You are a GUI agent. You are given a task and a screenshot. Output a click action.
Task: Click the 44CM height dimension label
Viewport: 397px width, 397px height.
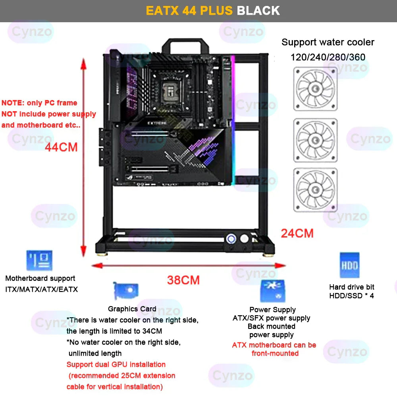(x=61, y=147)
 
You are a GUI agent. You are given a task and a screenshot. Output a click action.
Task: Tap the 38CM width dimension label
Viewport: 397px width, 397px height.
(x=183, y=280)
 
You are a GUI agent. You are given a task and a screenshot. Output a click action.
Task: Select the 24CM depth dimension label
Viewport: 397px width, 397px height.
(x=297, y=233)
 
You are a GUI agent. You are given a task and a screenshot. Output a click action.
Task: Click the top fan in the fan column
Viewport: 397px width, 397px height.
(x=315, y=89)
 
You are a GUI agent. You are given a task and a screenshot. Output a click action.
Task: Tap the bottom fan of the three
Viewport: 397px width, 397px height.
(x=315, y=190)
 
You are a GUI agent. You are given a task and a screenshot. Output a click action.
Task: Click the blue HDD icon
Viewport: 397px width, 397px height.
(x=349, y=265)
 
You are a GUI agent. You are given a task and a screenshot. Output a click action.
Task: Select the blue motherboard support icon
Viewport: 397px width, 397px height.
(x=39, y=261)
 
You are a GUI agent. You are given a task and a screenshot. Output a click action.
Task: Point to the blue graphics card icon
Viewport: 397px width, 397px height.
(x=125, y=292)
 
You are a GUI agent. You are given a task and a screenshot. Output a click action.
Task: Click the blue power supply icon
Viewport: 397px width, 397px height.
(x=273, y=291)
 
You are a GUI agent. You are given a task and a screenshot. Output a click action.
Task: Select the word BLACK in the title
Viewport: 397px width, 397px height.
(x=258, y=10)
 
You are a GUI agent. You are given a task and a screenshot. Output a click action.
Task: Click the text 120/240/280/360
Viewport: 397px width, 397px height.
(x=328, y=57)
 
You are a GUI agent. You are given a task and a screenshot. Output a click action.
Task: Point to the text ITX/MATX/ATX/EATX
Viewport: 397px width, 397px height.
(x=42, y=289)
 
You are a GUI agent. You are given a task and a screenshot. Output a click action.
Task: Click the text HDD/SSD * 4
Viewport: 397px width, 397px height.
(x=351, y=295)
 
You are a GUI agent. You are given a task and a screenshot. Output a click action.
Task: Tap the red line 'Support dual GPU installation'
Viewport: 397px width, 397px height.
(x=116, y=364)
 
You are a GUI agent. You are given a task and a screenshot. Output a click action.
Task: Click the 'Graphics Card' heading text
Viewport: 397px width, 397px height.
(x=132, y=309)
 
